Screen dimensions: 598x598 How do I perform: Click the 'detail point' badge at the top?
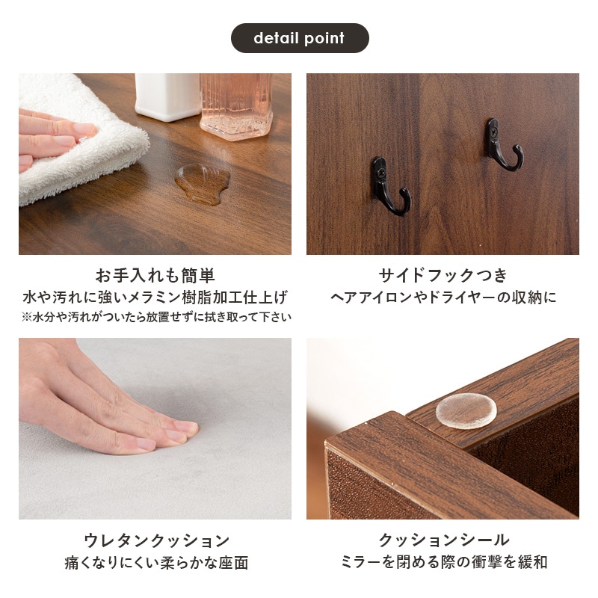coord(299,38)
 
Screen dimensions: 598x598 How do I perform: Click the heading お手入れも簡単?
coord(155,274)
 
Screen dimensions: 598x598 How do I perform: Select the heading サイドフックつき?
coord(443,274)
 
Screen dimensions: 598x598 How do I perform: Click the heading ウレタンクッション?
coord(155,540)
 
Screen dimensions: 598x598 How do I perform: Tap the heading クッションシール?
coord(443,540)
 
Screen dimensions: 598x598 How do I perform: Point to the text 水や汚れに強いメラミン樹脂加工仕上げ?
coord(155,297)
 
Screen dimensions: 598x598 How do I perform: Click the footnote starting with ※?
coord(155,317)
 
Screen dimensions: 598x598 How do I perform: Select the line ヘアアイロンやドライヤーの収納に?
coord(443,298)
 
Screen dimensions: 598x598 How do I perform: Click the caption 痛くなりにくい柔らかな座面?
coord(155,563)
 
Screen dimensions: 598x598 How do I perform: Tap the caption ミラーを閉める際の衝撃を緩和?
coord(443,563)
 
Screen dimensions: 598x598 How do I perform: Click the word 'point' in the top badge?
coord(324,38)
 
